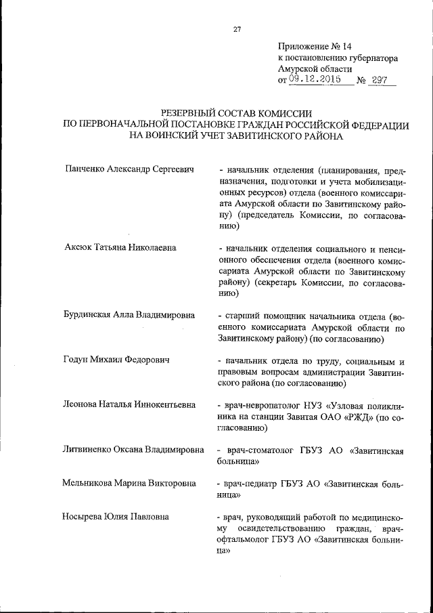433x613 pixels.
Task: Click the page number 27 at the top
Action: coord(237,28)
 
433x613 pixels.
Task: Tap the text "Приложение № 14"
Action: coord(315,47)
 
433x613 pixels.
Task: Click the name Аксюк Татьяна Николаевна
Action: coord(120,247)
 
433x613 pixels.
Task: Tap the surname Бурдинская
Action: coord(89,315)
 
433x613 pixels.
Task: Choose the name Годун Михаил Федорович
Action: coord(116,360)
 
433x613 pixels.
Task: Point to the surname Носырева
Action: coord(85,517)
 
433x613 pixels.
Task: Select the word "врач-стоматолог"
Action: coord(252,450)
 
